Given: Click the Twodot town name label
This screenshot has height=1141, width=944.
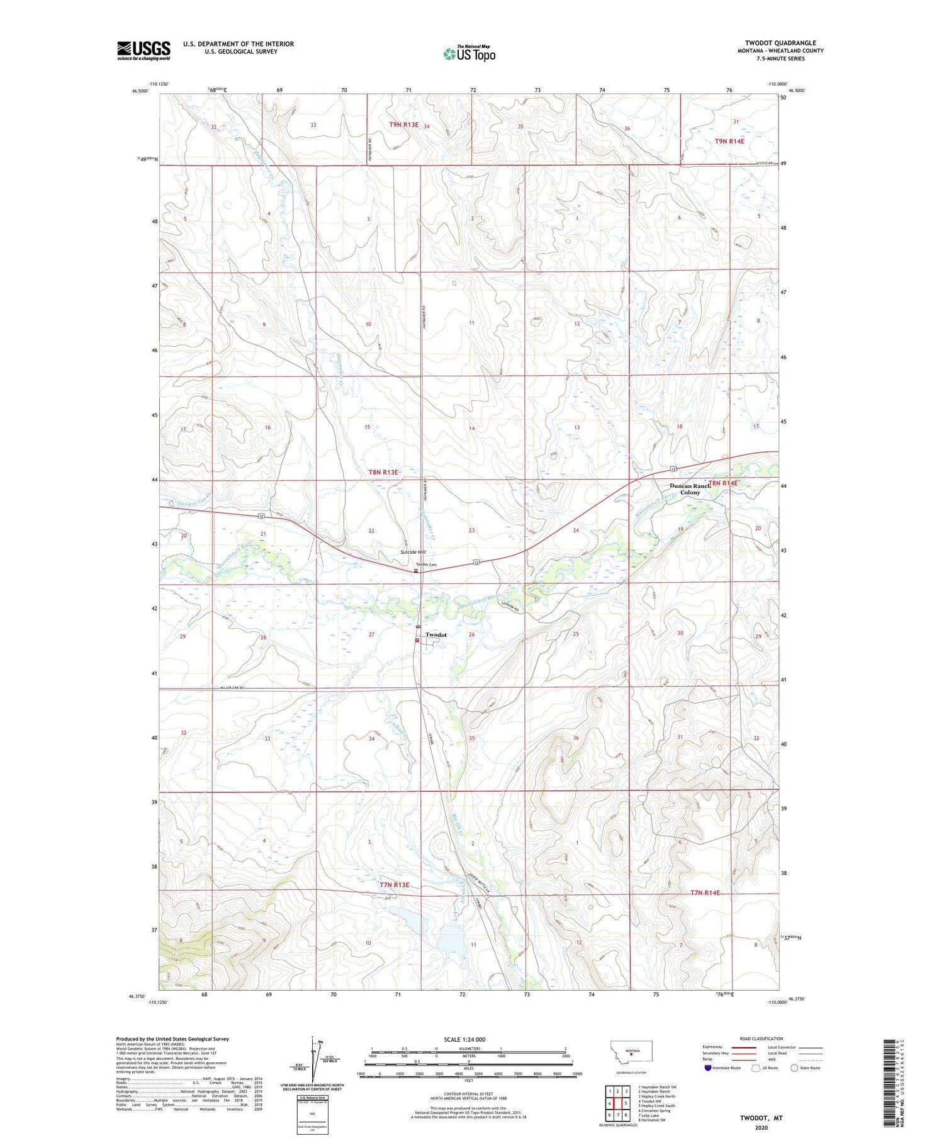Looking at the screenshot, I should [436, 634].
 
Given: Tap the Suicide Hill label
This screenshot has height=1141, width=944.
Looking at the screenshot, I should [413, 552].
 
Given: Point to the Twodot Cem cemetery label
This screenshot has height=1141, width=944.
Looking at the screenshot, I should [425, 565].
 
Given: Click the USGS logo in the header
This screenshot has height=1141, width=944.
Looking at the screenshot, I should [143, 50].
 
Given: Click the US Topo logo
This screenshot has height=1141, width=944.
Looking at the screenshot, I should [469, 54].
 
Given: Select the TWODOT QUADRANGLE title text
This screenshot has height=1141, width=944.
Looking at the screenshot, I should [780, 43].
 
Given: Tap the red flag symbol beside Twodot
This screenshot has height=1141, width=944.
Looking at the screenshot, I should [417, 641].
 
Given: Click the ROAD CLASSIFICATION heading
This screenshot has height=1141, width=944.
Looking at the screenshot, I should [761, 1038].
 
